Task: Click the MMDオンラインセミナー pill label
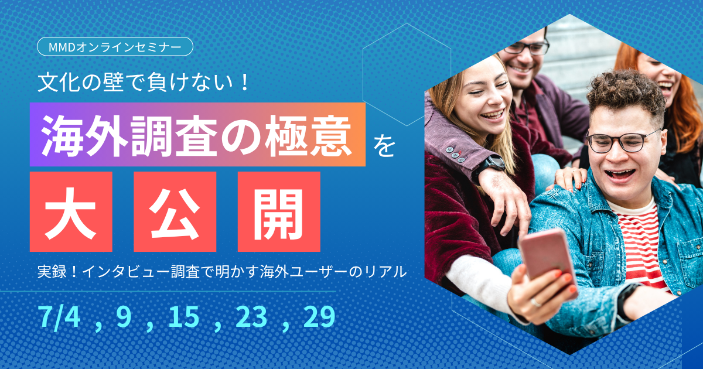[x=115, y=46]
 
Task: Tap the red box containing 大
[x=71, y=211]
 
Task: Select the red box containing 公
[x=175, y=211]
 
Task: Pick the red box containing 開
[x=279, y=211]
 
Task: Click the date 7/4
[x=59, y=317]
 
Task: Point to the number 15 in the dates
[x=184, y=316]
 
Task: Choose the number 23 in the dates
[x=252, y=316]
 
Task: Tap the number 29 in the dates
[x=319, y=316]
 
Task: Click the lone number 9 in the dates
[x=124, y=316]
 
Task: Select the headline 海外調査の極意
[x=196, y=135]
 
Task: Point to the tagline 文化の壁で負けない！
[x=143, y=82]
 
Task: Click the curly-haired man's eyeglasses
[x=623, y=141]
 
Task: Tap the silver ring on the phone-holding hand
[x=535, y=302]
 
